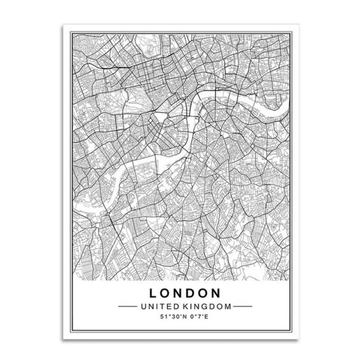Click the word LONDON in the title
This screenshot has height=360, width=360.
point(185,293)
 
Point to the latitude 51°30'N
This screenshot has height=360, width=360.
point(172,317)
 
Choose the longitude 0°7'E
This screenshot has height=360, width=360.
point(198,317)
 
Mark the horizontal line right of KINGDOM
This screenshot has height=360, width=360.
point(243,307)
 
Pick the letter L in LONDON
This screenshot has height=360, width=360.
point(153,293)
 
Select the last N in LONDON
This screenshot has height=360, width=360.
point(216,293)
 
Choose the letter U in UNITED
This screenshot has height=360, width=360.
point(144,307)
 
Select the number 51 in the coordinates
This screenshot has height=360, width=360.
point(163,317)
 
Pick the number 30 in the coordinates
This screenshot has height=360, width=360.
point(173,317)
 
